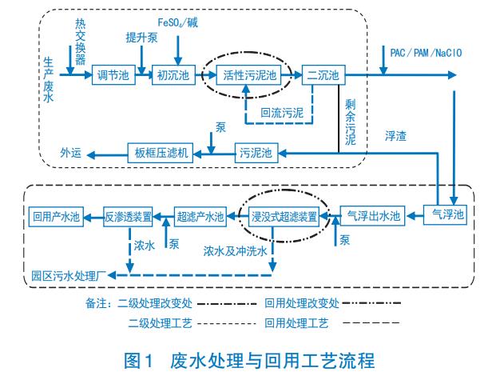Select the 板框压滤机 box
(162, 151)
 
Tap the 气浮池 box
(447, 214)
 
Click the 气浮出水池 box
(371, 214)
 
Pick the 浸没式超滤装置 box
(285, 215)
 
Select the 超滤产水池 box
(200, 214)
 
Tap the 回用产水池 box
(54, 214)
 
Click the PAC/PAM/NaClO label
(423, 54)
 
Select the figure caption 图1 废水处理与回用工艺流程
(252, 357)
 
